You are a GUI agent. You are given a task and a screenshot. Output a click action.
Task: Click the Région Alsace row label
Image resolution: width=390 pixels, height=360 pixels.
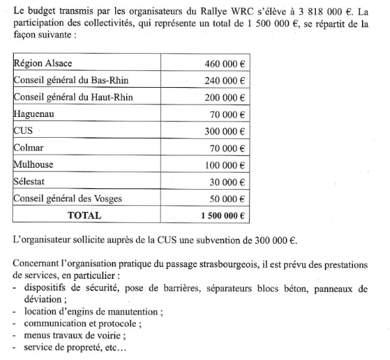point(43,64)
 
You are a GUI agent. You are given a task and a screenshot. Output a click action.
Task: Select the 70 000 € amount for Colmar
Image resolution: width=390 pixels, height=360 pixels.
point(227,148)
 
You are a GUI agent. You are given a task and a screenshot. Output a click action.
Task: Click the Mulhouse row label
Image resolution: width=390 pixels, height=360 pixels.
point(34,165)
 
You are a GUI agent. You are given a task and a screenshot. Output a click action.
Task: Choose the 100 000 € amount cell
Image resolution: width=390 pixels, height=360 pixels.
point(224,165)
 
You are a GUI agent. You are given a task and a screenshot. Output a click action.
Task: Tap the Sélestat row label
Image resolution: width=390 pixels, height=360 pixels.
point(31,182)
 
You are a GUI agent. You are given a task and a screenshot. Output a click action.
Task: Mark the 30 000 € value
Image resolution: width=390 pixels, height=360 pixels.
point(227,182)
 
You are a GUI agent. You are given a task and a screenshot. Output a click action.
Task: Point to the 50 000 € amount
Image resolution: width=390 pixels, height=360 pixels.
point(227,199)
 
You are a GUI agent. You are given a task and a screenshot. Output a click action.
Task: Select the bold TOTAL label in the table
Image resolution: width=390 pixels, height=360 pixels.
point(85,216)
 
